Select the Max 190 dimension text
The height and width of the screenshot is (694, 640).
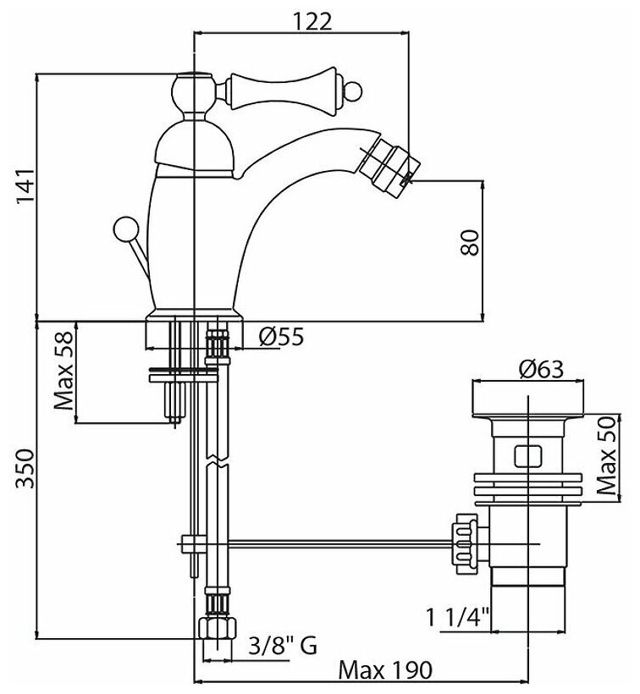(x=385, y=669)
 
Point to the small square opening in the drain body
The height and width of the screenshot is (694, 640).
(x=527, y=455)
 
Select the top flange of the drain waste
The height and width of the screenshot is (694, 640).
(x=527, y=397)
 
